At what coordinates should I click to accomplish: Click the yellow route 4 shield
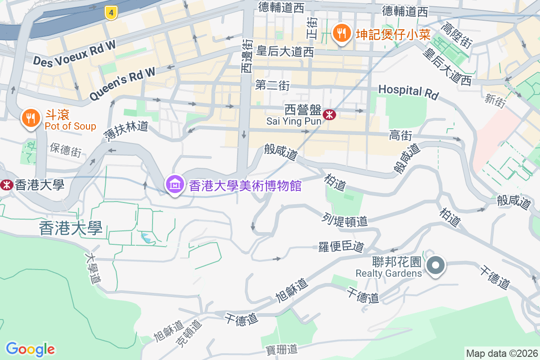pyautogui.click(x=111, y=13)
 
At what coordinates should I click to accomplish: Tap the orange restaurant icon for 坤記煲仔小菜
pyautogui.click(x=342, y=33)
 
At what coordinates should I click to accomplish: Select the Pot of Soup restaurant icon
pyautogui.click(x=31, y=118)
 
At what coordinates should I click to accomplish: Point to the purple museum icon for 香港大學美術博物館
pyautogui.click(x=174, y=184)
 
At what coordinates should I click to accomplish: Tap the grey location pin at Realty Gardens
pyautogui.click(x=436, y=265)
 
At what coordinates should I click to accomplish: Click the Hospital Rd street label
pyautogui.click(x=408, y=91)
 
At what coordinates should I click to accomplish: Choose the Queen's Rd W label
pyautogui.click(x=122, y=84)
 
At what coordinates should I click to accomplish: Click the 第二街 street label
pyautogui.click(x=272, y=85)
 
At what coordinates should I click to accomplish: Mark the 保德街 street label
pyautogui.click(x=66, y=150)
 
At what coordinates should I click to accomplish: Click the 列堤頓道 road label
pyautogui.click(x=345, y=220)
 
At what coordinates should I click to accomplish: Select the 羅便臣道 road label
pyautogui.click(x=341, y=246)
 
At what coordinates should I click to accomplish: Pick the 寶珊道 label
pyautogui.click(x=282, y=348)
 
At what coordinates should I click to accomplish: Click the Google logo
pyautogui.click(x=30, y=349)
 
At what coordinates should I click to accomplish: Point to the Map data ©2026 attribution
pyautogui.click(x=501, y=353)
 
